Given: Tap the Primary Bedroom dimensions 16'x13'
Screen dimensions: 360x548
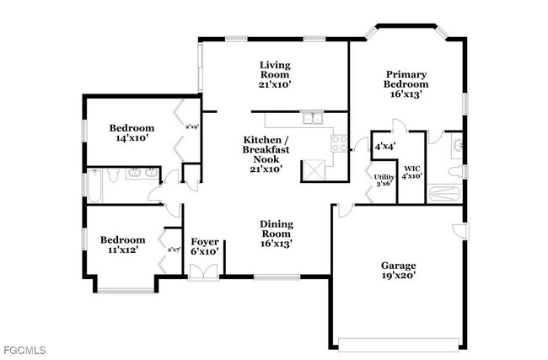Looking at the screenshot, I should pos(406,94).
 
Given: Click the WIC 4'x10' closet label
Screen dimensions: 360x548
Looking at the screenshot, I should pos(412,172).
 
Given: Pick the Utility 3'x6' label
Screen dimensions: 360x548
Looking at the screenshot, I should pos(383,180).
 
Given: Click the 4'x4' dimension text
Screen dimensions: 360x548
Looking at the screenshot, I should pos(385,146).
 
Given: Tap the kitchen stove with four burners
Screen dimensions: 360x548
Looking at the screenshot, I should pos(339,143).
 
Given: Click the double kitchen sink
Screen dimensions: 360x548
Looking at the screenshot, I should pos(313,117).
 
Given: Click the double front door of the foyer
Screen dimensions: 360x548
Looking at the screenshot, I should pos(203,272).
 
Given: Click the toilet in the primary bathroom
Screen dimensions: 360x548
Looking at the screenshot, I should pos(454,172).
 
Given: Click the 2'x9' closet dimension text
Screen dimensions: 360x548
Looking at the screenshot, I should pos(191,127).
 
